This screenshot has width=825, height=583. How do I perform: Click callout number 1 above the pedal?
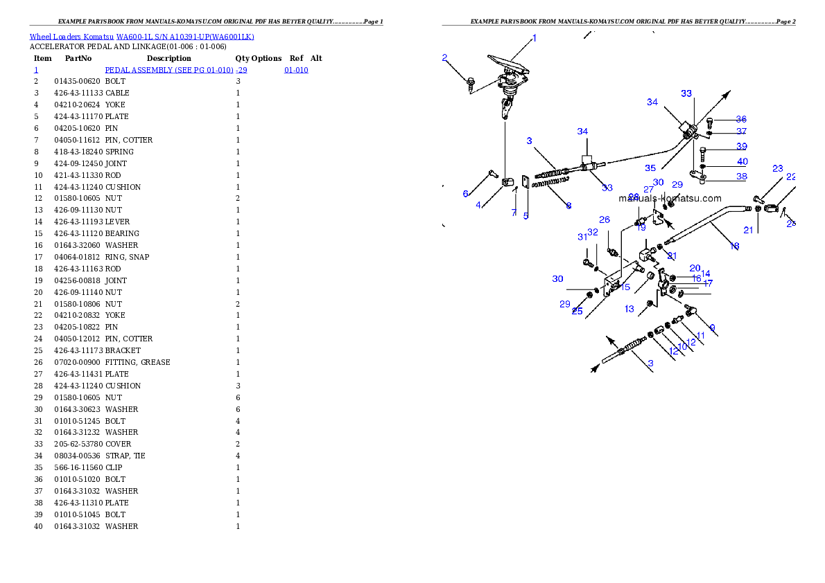535,39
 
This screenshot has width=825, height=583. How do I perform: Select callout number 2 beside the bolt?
444,57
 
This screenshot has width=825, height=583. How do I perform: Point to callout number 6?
466,194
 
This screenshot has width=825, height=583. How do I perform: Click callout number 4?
478,205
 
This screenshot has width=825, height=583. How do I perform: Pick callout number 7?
514,213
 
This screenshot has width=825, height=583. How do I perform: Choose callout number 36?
741,120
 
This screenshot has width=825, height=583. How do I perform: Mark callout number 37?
741,132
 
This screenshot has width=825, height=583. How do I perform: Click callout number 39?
742,147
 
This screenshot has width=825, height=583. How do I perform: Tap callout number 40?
742,162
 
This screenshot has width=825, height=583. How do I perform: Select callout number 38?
742,177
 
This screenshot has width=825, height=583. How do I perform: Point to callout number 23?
778,169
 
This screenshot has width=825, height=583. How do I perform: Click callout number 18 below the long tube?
734,246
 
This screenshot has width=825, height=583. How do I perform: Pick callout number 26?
605,220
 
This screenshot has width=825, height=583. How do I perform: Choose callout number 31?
582,237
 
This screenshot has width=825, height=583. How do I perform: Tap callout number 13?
629,309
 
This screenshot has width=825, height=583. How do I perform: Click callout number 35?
650,168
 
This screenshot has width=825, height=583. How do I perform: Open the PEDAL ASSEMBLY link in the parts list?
176,71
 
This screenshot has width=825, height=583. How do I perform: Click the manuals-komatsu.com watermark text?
670,198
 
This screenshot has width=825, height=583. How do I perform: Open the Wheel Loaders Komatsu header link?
141,37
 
